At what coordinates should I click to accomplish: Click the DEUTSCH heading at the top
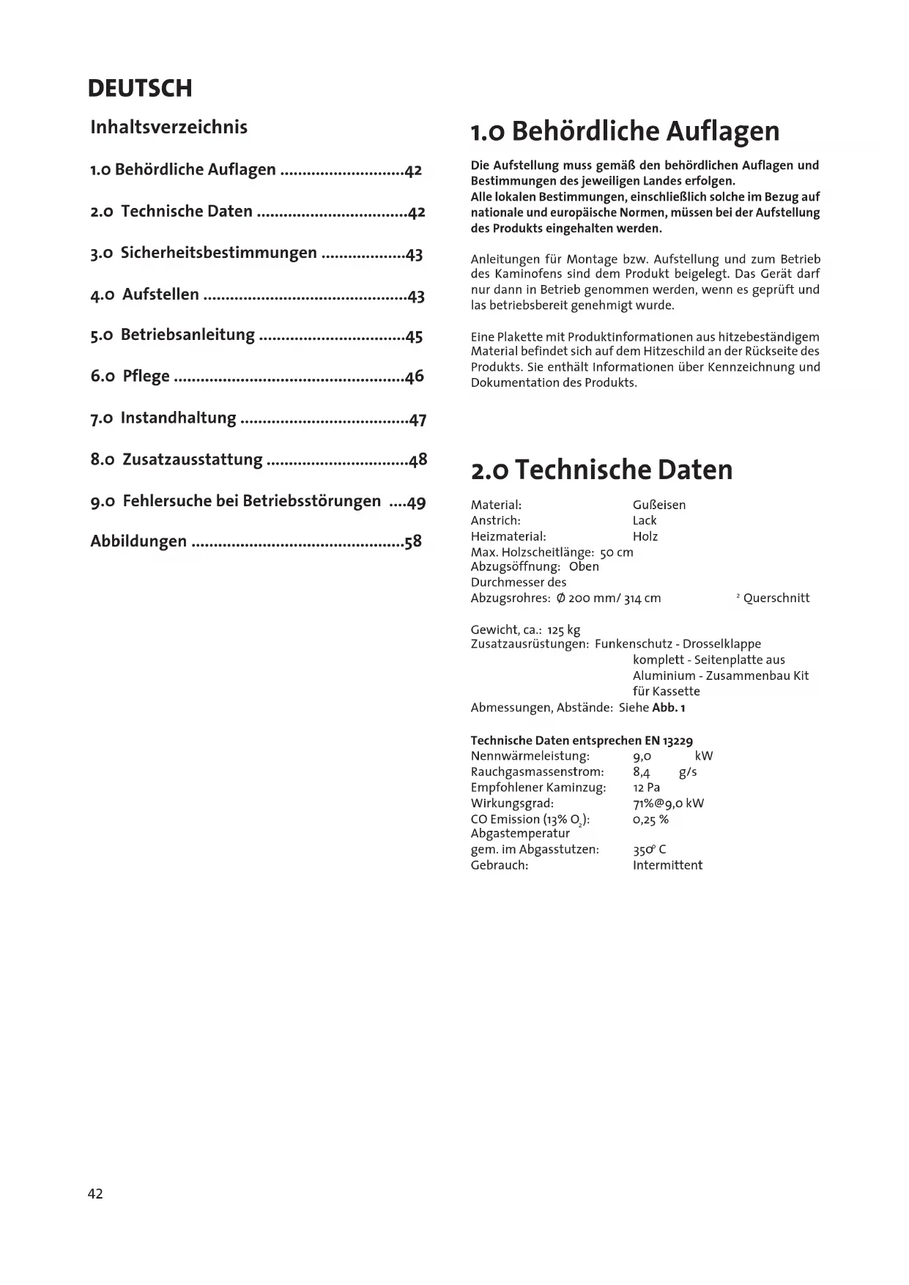pyautogui.click(x=140, y=89)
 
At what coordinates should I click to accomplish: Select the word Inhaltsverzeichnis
pyautogui.click(x=168, y=127)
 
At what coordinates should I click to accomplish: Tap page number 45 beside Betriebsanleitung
pyautogui.click(x=414, y=336)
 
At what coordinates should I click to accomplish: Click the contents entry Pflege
pyautogui.click(x=146, y=377)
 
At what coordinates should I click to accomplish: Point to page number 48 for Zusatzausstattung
pyautogui.click(x=418, y=460)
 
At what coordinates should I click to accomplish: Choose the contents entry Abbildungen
pyautogui.click(x=138, y=541)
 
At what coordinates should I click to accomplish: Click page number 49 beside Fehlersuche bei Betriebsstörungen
pyautogui.click(x=416, y=503)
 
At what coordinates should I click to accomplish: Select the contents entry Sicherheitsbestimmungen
pyautogui.click(x=218, y=253)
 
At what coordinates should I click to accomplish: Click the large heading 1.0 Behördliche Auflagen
pyautogui.click(x=625, y=131)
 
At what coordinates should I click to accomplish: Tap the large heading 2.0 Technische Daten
pyautogui.click(x=601, y=470)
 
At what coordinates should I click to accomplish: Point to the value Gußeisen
pyautogui.click(x=658, y=505)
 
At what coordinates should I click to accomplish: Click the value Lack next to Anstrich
pyautogui.click(x=645, y=520)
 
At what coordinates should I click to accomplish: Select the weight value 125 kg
pyautogui.click(x=563, y=630)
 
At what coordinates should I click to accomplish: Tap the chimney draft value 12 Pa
pyautogui.click(x=646, y=788)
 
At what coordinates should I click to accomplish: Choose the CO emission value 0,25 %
pyautogui.click(x=650, y=819)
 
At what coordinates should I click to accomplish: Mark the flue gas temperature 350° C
pyautogui.click(x=649, y=850)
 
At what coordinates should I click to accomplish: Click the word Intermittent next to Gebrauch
pyautogui.click(x=667, y=865)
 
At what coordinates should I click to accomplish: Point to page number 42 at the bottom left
pyautogui.click(x=95, y=1193)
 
